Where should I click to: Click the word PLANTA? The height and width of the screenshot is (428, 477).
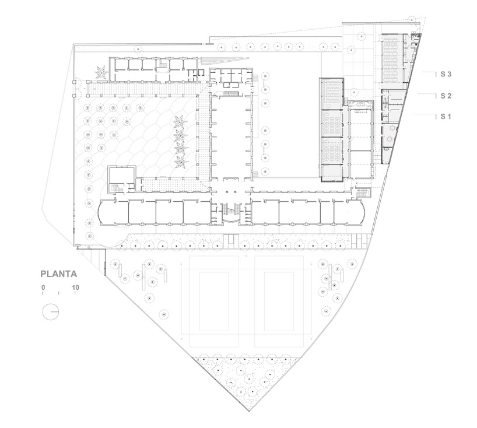click(59, 273)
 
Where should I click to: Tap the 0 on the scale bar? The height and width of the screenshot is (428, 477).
click(43, 287)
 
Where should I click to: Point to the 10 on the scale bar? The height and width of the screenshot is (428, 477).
click(76, 287)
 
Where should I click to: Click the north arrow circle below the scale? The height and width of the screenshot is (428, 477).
click(50, 311)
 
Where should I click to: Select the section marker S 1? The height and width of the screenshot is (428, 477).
click(446, 117)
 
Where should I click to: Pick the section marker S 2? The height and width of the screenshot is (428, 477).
click(446, 96)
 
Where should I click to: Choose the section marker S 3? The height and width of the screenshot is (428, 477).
click(446, 74)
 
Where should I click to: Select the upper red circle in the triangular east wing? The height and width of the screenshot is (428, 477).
click(392, 127)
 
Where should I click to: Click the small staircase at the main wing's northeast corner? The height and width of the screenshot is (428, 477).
click(362, 192)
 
